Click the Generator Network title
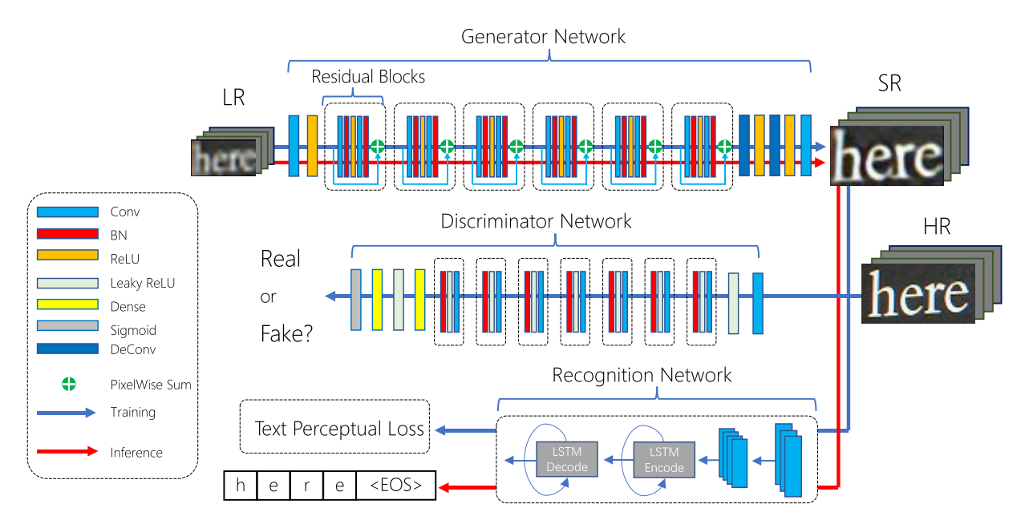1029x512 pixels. click(543, 37)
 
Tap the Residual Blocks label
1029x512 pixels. click(368, 77)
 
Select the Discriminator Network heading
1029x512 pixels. click(537, 221)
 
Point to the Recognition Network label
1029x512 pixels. click(642, 375)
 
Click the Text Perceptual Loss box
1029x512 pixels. click(336, 428)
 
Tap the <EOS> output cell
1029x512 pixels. click(395, 486)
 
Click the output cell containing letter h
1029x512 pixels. click(238, 486)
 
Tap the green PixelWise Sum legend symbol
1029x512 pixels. click(69, 385)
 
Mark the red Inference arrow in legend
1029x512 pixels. click(67, 452)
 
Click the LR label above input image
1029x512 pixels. click(233, 98)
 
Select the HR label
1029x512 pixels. click(936, 227)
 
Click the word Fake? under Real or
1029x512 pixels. click(286, 333)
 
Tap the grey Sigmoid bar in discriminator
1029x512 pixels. click(356, 300)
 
